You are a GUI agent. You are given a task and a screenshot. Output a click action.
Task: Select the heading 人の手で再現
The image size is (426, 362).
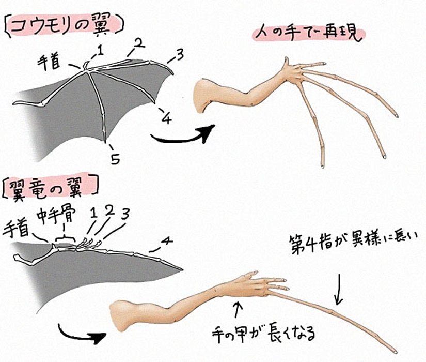coord(308,34)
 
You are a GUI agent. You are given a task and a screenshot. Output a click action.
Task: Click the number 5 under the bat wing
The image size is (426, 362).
coord(115,159)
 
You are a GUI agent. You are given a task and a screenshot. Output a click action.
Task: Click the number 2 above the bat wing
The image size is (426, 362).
coord(139,43)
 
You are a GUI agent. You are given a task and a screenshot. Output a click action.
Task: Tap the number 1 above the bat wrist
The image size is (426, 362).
coord(101,50)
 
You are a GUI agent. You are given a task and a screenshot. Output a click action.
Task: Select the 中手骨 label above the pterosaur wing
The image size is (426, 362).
coord(56,216)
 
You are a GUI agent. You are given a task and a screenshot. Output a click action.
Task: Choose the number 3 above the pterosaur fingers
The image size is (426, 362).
coord(125,215)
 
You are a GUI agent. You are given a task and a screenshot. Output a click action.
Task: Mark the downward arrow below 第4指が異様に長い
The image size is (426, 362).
coord(339,289)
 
